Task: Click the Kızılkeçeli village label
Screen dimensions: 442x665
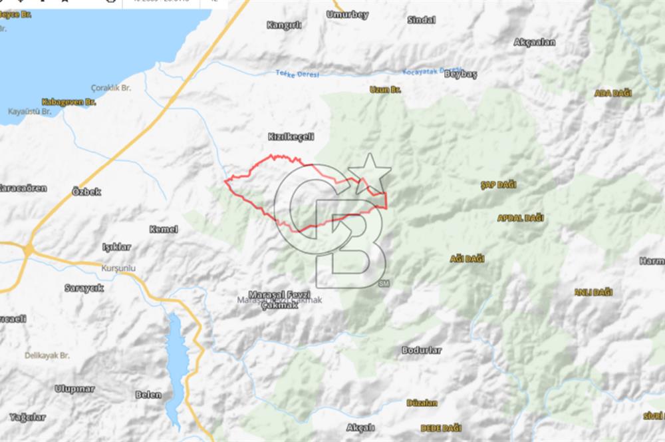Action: tap(290, 136)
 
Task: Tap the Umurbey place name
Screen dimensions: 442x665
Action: tap(347, 15)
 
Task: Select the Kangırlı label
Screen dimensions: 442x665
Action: tap(284, 25)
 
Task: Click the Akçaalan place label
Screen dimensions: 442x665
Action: tap(534, 42)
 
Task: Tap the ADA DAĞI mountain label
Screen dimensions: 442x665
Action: tap(612, 93)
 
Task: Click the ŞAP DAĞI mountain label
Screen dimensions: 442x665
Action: tap(497, 184)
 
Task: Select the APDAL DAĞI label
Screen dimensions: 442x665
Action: tap(520, 218)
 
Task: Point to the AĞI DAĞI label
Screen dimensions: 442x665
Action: tap(467, 258)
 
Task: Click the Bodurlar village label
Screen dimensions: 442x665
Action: tap(421, 349)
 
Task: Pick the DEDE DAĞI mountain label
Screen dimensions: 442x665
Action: tap(441, 427)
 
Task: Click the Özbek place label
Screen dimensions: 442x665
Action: tap(86, 192)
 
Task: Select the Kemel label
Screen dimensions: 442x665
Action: tap(164, 229)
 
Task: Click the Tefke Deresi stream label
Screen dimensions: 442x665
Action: tap(298, 74)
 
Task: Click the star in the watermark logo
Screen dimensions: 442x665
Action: tap(370, 173)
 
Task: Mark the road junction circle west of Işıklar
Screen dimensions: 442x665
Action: tap(29, 250)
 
